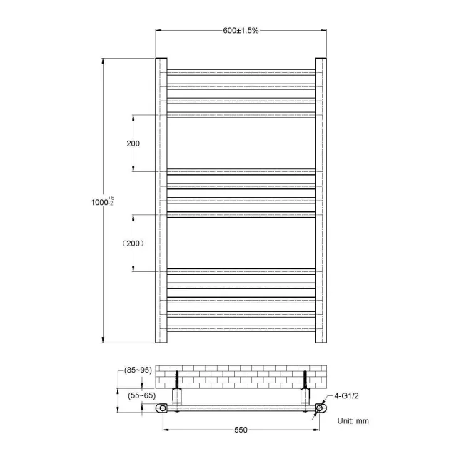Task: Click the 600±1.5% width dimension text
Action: point(241,30)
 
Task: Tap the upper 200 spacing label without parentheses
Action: point(133,143)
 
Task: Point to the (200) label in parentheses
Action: point(133,243)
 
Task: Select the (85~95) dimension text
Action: point(137,370)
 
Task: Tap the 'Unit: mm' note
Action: point(353,420)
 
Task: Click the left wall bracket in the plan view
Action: point(176,395)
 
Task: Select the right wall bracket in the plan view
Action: point(306,395)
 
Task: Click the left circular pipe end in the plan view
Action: point(163,408)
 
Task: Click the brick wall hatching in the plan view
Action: point(241,376)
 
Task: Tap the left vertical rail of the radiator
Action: point(161,200)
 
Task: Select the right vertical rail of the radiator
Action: point(321,200)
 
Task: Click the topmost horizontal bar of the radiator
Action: point(241,71)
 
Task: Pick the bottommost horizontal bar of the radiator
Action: point(241,328)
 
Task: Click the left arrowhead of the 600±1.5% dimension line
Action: point(158,30)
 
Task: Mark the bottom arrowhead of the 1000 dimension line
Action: point(105,340)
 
